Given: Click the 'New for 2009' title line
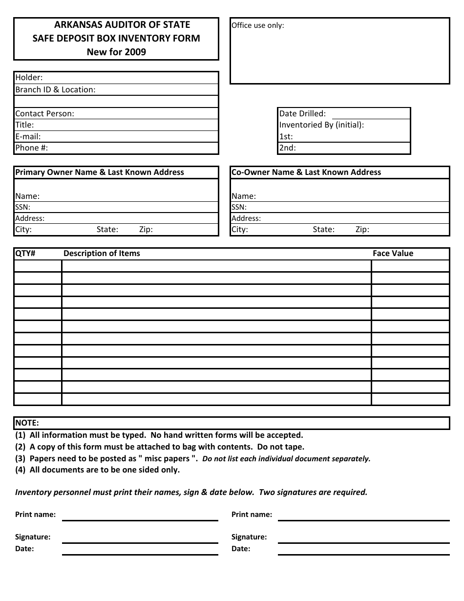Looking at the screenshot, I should point(116,52).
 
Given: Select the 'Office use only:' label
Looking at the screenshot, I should point(257,25).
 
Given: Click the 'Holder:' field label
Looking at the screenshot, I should point(29,77).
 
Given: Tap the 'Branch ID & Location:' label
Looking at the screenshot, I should point(55,89).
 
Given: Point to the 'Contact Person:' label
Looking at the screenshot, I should point(44,113).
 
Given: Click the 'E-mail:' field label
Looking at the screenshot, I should point(28,137).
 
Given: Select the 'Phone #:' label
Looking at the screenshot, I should point(31,148).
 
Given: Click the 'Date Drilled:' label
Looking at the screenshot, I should point(302,113).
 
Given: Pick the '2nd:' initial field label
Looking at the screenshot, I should point(287,148).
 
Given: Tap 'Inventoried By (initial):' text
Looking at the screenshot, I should point(321,125).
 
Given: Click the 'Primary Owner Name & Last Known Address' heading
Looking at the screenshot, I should point(100,172).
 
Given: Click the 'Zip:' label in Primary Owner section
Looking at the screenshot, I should point(146,230).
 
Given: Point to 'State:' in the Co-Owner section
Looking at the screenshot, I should point(323,230).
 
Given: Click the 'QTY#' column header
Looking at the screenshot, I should point(25,253).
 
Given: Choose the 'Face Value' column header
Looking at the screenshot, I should point(393,253).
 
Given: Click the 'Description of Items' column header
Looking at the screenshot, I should point(102,253).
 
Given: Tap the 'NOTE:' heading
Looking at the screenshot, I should point(27,423).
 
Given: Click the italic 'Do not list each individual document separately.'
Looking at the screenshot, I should point(286,459).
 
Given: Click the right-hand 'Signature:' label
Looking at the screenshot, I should point(249,537).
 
